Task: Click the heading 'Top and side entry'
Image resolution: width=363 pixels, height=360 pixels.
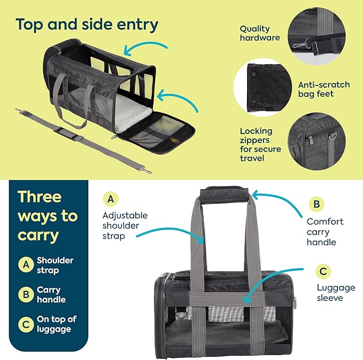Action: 87,24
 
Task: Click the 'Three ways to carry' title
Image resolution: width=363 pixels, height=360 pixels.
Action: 47,216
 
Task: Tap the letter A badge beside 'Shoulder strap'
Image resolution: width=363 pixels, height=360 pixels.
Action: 25,264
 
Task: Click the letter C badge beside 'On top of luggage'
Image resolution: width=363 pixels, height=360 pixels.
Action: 25,324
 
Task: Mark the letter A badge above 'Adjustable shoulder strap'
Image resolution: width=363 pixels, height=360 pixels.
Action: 110,200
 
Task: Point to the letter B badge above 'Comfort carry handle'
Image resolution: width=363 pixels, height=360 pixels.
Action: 316,204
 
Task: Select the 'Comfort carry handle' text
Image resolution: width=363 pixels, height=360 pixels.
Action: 325,231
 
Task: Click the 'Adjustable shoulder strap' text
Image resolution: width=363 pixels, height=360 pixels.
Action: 125,225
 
